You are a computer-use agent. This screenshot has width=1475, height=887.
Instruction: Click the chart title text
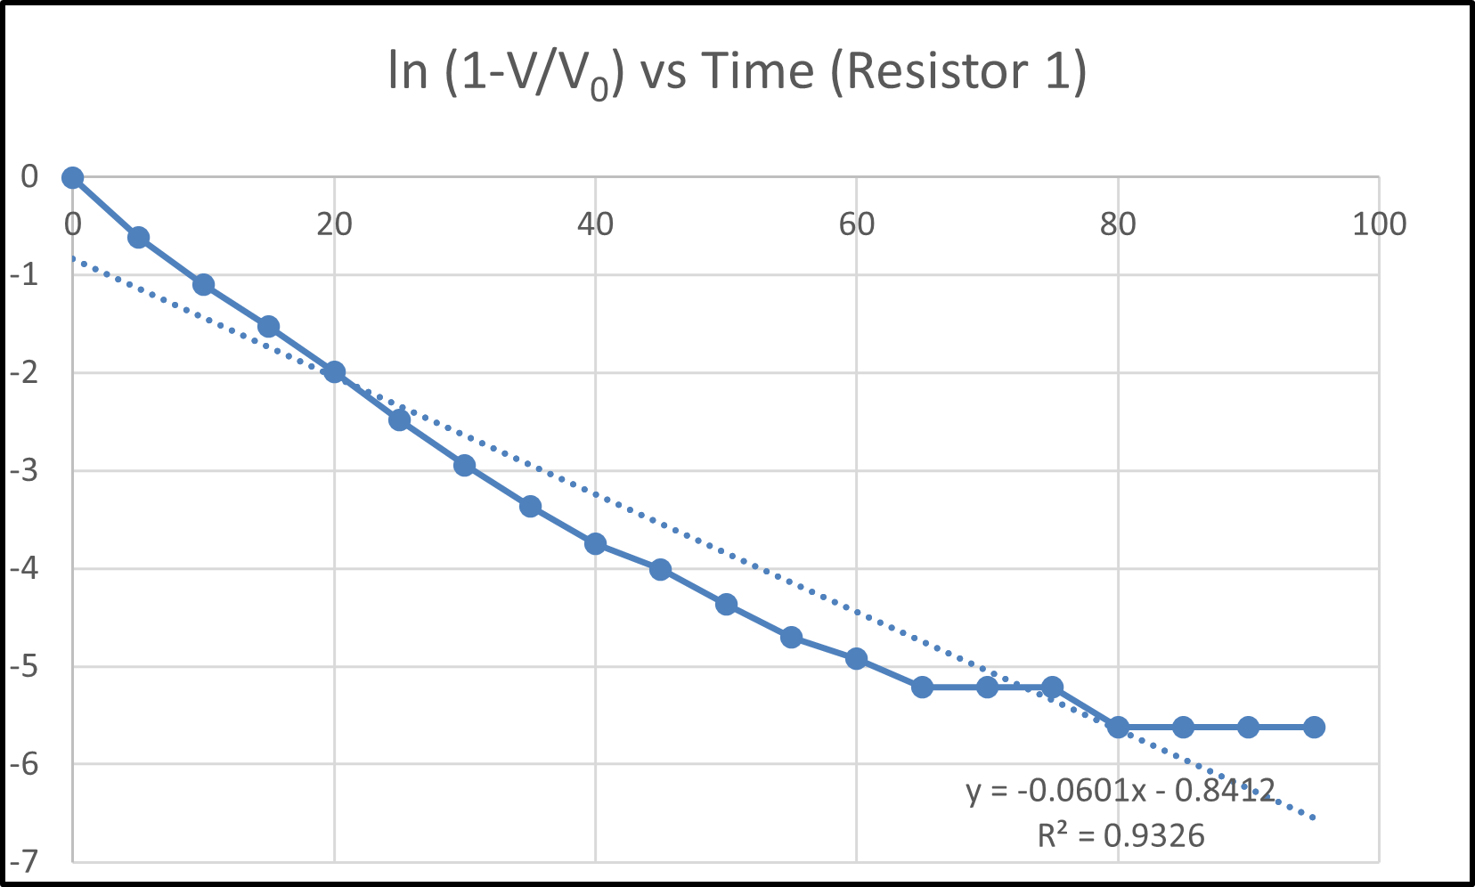click(x=737, y=72)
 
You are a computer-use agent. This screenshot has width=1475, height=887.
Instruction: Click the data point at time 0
click(x=73, y=178)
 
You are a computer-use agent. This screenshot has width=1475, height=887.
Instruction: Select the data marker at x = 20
click(x=334, y=372)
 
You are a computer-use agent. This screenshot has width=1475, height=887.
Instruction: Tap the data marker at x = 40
click(x=595, y=543)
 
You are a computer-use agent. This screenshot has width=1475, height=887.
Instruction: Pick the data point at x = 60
click(x=856, y=659)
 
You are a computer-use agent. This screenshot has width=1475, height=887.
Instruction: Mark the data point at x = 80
click(x=1118, y=728)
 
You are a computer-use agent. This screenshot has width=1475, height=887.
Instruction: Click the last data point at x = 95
click(x=1314, y=728)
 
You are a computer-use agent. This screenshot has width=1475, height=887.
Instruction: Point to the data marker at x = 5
click(x=138, y=238)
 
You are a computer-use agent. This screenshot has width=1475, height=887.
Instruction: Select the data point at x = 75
click(x=1052, y=687)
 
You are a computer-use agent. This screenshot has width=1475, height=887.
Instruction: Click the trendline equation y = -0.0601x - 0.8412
click(x=1121, y=790)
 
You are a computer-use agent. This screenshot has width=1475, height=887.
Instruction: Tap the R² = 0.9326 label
click(x=1121, y=835)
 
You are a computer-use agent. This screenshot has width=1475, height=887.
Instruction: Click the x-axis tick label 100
click(x=1379, y=224)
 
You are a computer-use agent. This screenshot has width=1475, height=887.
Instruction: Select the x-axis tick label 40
click(x=595, y=224)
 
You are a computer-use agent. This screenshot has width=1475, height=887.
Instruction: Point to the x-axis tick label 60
click(x=856, y=224)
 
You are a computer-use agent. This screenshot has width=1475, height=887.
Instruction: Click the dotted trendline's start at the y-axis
click(x=75, y=259)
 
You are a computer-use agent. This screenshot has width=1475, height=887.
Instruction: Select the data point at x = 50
click(x=726, y=605)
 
